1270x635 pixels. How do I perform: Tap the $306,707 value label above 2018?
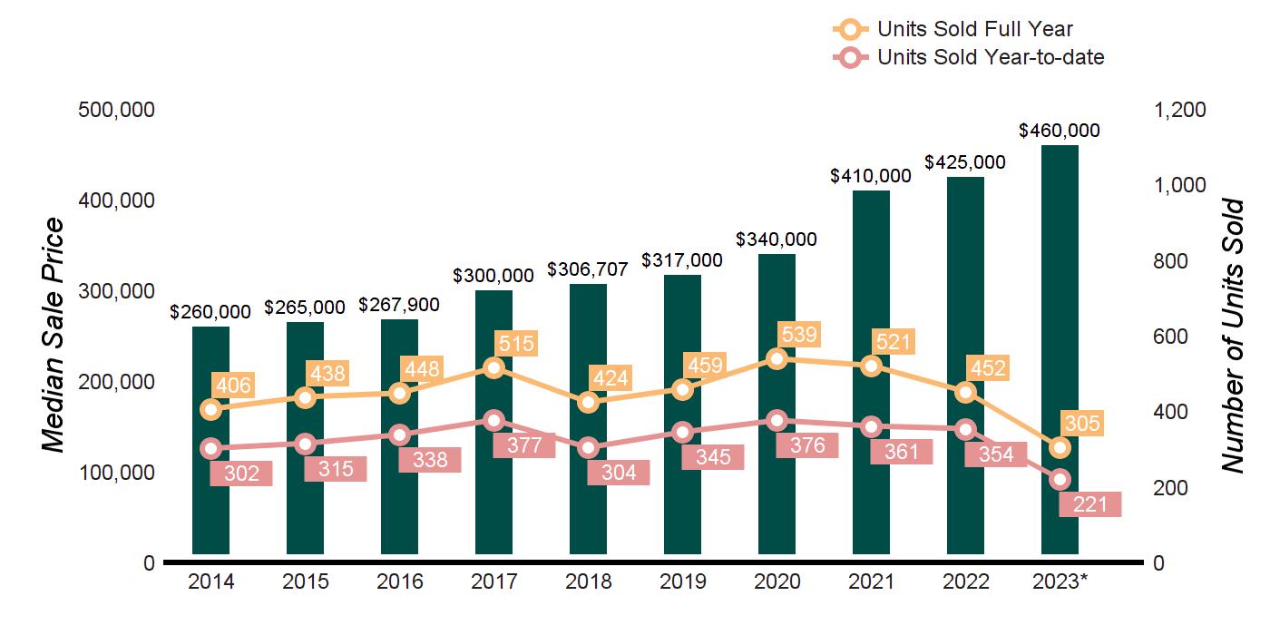tap(588, 270)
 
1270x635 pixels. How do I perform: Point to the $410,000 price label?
tap(871, 176)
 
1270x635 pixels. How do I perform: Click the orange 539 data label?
tap(797, 335)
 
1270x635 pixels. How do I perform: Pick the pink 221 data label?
tap(1089, 503)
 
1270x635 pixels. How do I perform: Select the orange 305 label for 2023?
tap(1082, 424)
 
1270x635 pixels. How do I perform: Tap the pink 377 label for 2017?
tap(523, 444)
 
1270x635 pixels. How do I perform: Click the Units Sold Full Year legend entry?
tap(975, 29)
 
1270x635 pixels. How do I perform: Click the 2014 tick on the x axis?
tap(210, 581)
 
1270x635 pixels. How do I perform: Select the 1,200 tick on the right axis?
tap(1180, 110)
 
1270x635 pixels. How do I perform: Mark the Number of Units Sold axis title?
tap(1232, 336)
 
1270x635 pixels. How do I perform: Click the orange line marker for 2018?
tap(588, 402)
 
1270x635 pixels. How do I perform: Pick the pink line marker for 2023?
tap(1060, 479)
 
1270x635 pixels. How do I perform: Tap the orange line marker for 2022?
tap(965, 392)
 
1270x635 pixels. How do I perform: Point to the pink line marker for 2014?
tap(210, 448)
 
